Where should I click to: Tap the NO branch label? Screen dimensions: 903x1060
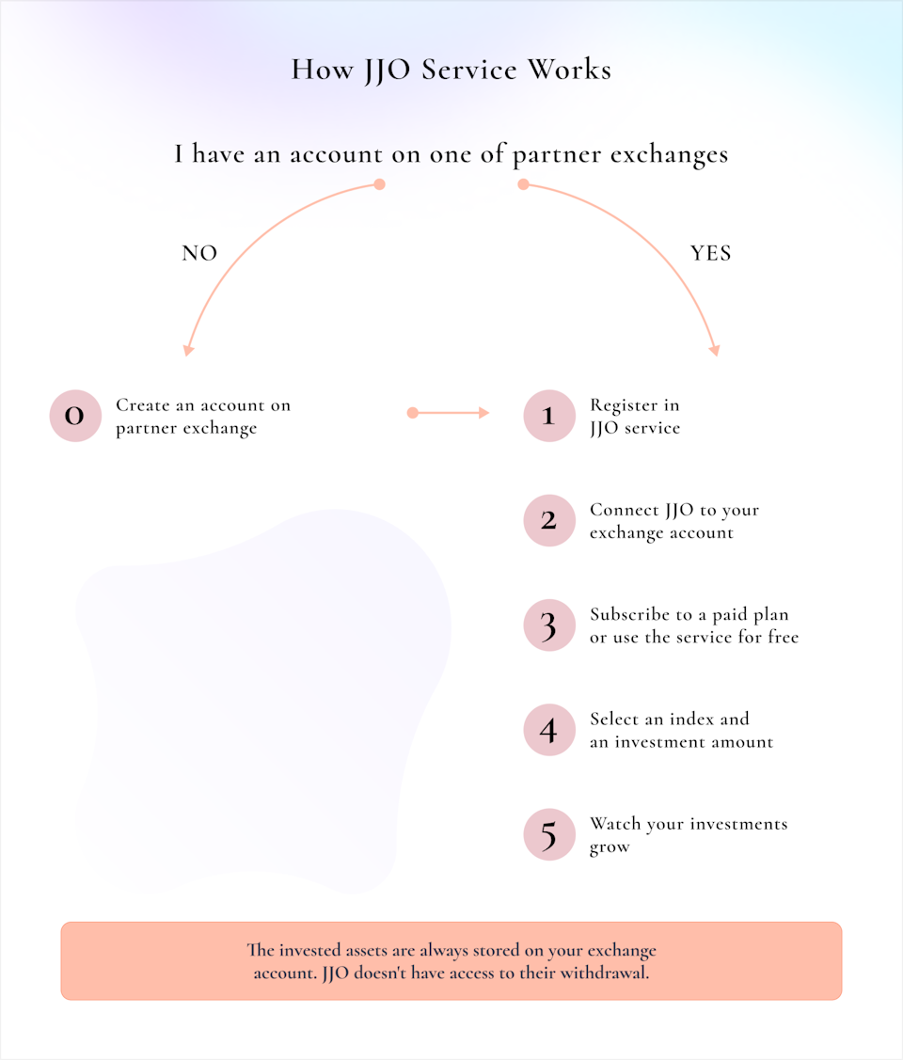[199, 254]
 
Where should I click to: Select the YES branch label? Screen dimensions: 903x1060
[710, 254]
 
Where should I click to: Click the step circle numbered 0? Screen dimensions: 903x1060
[75, 416]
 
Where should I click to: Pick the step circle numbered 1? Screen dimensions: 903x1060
[549, 416]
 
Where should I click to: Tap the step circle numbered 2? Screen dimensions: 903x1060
[549, 520]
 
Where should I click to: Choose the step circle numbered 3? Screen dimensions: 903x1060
[549, 625]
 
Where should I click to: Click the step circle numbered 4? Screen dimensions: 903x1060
[549, 730]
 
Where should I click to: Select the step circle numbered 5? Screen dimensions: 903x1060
[549, 835]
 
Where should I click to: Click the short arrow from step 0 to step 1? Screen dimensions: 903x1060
[448, 412]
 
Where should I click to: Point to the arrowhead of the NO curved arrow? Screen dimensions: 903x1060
[188, 350]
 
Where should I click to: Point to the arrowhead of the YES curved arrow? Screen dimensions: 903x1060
[715, 350]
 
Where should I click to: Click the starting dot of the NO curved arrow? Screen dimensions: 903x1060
[380, 184]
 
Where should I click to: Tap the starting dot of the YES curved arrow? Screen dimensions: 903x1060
[523, 184]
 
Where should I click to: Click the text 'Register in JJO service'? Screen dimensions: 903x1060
[635, 417]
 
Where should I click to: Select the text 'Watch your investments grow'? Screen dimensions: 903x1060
[689, 835]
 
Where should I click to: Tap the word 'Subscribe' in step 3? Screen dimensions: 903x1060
[630, 614]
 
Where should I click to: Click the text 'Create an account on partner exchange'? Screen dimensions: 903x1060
[203, 417]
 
